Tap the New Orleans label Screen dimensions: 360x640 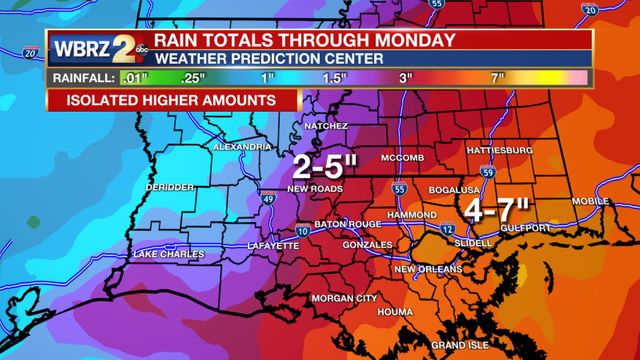pos(427,269)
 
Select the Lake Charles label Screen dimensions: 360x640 pos(168,255)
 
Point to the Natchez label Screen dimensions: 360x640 pos(326,127)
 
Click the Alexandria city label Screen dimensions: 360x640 pos(241,147)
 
